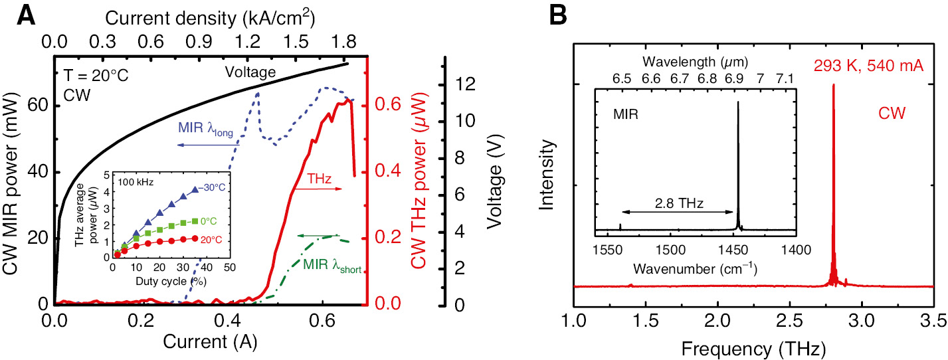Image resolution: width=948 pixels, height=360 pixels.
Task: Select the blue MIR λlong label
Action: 205,129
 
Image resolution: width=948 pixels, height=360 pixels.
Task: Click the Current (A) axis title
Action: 211,343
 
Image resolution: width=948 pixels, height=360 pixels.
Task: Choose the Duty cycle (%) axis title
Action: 171,282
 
